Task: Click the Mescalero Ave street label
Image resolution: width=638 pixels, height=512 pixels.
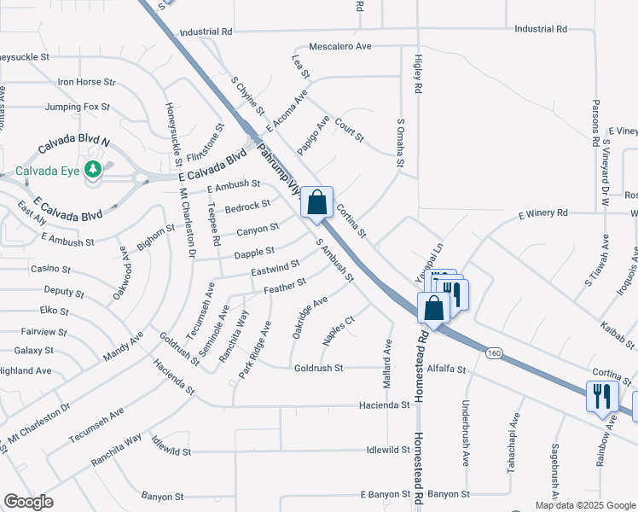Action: click(x=340, y=46)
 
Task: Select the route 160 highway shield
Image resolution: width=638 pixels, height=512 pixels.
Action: click(x=494, y=352)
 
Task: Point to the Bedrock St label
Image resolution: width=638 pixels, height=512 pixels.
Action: click(x=247, y=207)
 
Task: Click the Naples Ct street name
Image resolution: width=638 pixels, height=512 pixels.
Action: click(x=338, y=330)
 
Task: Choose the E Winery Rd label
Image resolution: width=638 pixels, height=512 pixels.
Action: click(x=542, y=213)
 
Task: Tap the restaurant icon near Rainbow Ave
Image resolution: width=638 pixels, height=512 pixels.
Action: click(x=603, y=396)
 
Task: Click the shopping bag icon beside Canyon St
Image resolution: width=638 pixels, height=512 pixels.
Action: click(x=317, y=204)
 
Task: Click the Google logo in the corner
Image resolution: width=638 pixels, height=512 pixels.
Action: click(x=29, y=502)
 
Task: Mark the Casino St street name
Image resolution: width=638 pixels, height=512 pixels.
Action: click(x=45, y=269)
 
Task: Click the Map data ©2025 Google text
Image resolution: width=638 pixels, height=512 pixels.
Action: click(x=585, y=505)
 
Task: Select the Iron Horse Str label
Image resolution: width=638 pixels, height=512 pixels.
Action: click(x=86, y=82)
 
